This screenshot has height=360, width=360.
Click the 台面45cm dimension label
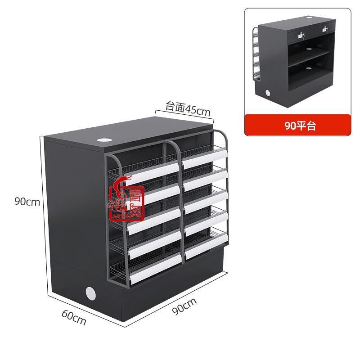click(188, 108)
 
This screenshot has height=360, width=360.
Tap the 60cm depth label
click(74, 318)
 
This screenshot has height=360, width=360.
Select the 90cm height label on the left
click(27, 202)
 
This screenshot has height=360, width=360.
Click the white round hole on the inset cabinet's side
click(267, 93)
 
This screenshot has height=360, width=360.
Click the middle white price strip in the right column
click(206, 202)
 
